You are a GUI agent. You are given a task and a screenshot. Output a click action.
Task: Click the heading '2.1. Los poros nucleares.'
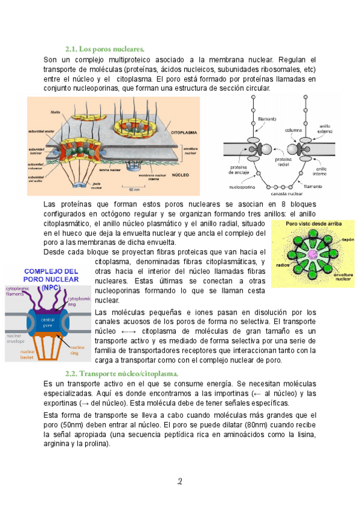click(x=104, y=48)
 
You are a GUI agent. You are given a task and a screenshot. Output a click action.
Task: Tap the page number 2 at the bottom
click(x=179, y=481)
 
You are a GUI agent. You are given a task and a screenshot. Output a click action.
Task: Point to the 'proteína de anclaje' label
click(x=241, y=169)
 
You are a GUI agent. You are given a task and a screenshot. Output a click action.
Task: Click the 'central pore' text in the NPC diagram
click(x=48, y=322)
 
